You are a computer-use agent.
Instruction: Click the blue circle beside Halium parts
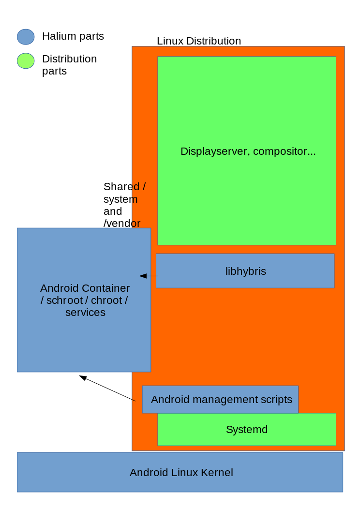point(26,37)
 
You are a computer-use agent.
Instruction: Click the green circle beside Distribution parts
point(26,60)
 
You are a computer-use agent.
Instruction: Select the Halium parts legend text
point(73,36)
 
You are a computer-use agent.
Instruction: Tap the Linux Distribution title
point(199,41)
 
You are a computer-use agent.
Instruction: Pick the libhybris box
point(245,271)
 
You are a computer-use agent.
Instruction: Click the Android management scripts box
point(220,399)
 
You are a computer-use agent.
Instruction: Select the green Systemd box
point(247,429)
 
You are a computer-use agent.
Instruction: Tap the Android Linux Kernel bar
point(180,472)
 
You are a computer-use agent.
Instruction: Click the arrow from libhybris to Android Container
point(149,276)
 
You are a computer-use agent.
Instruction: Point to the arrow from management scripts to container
point(107,388)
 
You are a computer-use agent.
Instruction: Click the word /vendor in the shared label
point(122,224)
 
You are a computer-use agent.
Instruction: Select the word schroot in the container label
point(65,300)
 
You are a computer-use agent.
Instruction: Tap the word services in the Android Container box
point(85,312)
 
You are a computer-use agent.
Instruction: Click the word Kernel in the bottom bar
point(217,472)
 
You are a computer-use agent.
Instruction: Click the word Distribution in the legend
point(70,59)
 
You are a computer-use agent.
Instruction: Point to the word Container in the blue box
point(105,288)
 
